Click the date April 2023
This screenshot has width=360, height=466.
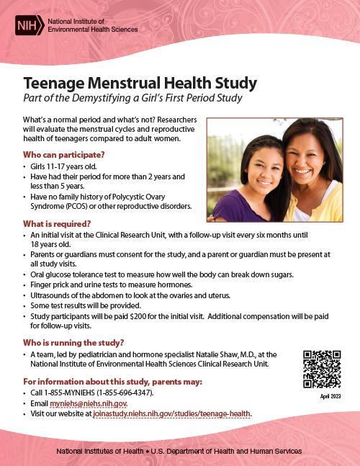click(321, 396)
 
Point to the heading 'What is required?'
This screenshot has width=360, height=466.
click(57, 223)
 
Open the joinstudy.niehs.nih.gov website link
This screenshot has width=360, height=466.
click(173, 414)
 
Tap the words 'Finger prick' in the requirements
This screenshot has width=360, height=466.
click(50, 285)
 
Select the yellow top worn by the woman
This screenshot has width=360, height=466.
click(317, 209)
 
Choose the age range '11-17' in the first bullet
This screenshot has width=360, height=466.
click(55, 166)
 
